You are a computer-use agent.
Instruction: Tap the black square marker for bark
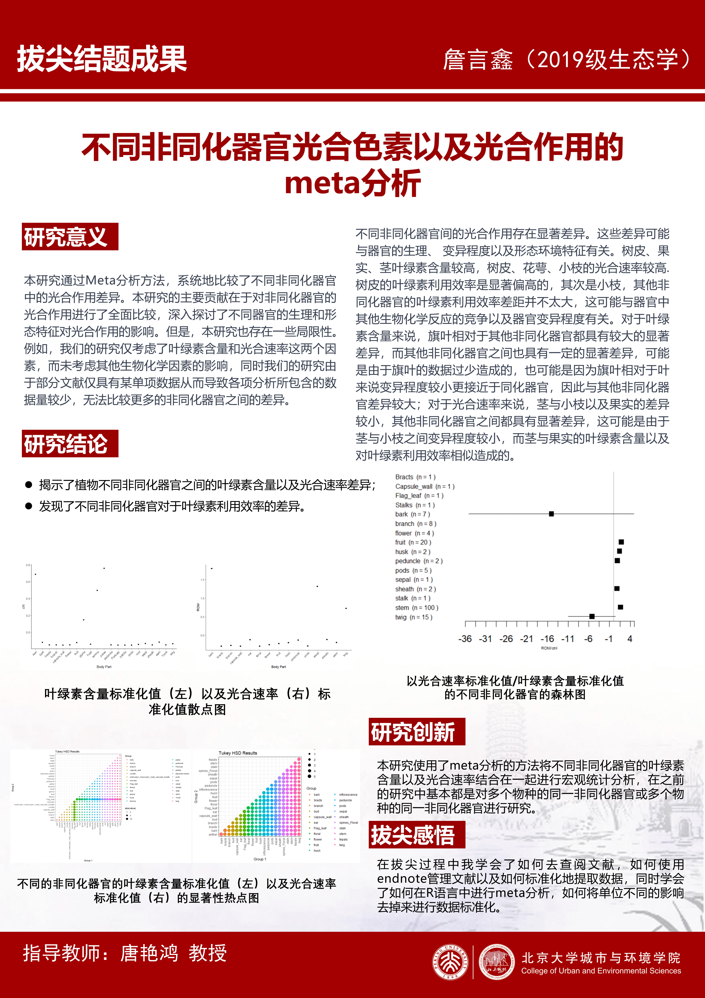coord(551,514)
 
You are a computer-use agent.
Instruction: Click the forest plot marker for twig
coord(592,616)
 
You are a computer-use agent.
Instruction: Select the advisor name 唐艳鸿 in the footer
coord(149,953)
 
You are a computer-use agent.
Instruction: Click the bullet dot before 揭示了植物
coord(29,485)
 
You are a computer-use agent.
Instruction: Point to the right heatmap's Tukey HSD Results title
coord(238,753)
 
